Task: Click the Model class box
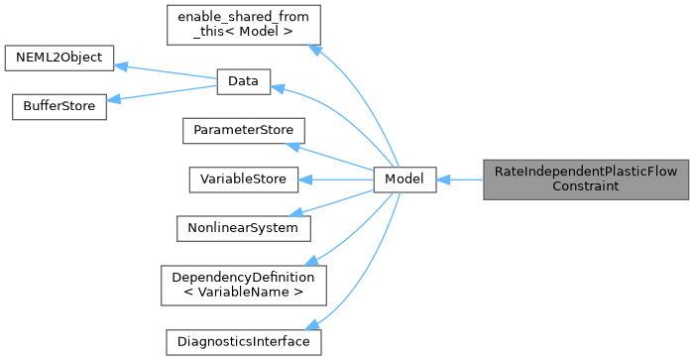tap(405, 180)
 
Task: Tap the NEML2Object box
tap(59, 58)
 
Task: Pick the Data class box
tap(243, 83)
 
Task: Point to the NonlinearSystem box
tap(243, 227)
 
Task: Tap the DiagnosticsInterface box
tap(243, 341)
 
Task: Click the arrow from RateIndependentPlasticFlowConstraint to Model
tap(459, 180)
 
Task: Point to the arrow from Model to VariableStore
tap(337, 180)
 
